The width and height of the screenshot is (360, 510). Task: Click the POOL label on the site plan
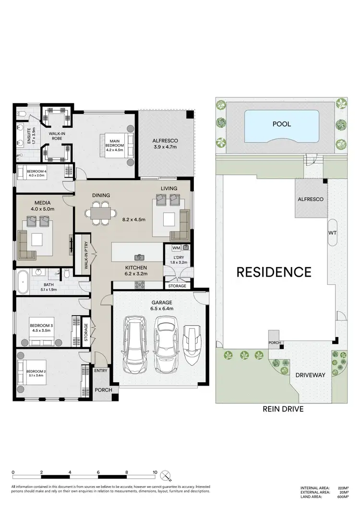click(281, 124)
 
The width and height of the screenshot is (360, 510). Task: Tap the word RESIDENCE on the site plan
click(274, 272)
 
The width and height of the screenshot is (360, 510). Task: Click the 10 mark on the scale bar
click(155, 472)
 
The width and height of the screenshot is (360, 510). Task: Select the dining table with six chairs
click(102, 213)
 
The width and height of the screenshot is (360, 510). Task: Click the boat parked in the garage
click(192, 344)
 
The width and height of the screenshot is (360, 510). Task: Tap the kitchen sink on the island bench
click(140, 257)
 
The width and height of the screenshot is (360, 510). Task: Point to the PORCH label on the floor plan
click(103, 390)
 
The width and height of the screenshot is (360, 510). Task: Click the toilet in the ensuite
click(21, 114)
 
